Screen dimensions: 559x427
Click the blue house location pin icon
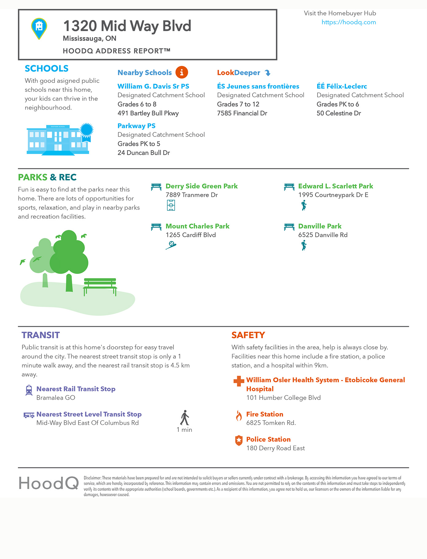39,28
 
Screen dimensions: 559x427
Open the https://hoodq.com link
348,22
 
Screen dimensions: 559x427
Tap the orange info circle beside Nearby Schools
182,72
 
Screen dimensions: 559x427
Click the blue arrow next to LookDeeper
267,73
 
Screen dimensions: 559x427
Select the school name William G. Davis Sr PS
153,86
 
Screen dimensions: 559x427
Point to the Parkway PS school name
136,126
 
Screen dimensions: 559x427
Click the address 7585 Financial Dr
242,113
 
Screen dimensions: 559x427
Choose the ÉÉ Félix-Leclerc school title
341,86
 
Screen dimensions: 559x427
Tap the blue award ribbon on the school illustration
86,131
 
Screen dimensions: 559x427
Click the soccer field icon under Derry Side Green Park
171,205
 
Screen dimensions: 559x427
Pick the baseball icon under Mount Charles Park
171,245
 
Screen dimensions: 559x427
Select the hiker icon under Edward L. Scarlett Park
304,205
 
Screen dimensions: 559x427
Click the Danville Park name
320,226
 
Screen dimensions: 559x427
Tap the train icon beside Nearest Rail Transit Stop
29,390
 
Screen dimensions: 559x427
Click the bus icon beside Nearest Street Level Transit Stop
29,415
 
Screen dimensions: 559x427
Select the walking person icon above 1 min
185,417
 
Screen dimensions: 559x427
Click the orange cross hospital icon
239,381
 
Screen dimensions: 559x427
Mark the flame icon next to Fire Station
239,416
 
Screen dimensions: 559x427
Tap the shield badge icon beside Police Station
239,441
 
